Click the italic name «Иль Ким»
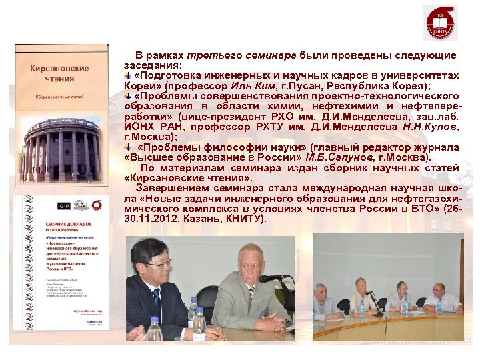(249, 87)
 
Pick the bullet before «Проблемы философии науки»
(129, 147)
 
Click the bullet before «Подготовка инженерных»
(129, 76)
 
